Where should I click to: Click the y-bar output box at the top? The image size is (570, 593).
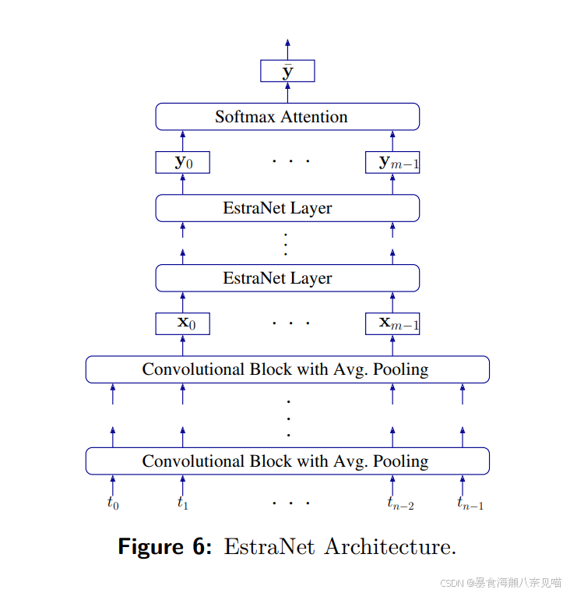pos(287,71)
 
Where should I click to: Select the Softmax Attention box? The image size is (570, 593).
pos(287,117)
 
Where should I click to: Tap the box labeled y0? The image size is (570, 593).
pos(183,162)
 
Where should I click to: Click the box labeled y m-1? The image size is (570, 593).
pos(392,162)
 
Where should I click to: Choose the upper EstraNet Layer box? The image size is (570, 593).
pos(287,208)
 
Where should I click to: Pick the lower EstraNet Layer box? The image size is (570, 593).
pos(287,278)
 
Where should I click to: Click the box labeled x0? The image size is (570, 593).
pos(183,323)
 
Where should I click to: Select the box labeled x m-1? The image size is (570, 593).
pos(392,323)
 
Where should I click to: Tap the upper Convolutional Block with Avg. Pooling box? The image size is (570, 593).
pos(287,369)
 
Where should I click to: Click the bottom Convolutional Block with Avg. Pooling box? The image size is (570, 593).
pos(287,461)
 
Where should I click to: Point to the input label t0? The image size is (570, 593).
pos(113,503)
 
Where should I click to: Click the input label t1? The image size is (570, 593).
pos(183,503)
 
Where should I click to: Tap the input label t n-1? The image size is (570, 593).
pos(470,503)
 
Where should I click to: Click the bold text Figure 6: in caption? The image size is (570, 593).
pos(164,546)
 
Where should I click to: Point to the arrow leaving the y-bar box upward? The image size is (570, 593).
pos(287,48)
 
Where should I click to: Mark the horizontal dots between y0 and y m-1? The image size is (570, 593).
pos(290,162)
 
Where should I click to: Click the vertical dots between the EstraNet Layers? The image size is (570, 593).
pos(286,243)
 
